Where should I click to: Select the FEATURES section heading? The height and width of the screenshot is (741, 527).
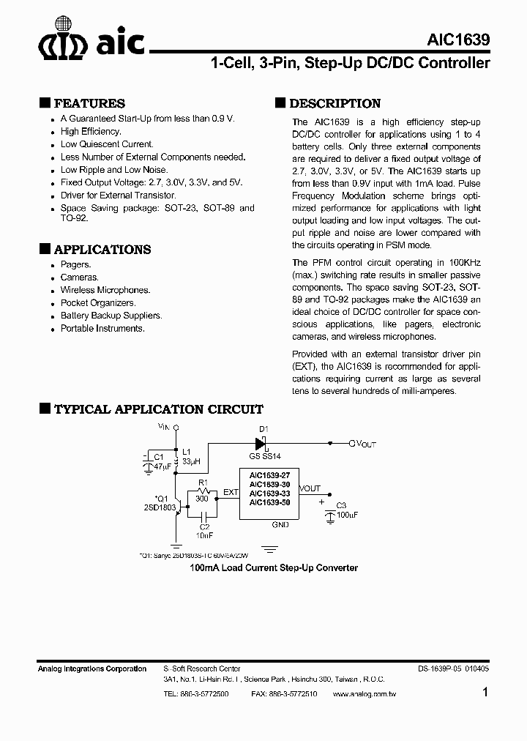(x=89, y=103)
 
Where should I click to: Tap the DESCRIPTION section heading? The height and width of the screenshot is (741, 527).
(x=334, y=103)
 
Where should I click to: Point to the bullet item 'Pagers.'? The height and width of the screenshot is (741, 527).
(x=75, y=264)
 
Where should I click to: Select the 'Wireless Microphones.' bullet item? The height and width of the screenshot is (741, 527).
(x=105, y=290)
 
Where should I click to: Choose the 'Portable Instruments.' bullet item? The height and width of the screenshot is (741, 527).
(x=102, y=329)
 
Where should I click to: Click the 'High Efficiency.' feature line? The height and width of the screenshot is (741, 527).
(x=91, y=131)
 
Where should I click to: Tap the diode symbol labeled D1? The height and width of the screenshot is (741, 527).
(x=260, y=443)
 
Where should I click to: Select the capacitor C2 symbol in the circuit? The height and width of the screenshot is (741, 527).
(x=204, y=518)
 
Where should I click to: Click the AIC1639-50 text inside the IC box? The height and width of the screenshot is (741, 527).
(x=269, y=502)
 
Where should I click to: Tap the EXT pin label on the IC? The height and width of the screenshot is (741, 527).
(x=230, y=493)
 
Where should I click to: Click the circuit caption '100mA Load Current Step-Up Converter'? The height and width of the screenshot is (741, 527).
(x=274, y=567)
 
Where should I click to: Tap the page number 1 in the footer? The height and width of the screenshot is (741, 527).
(x=486, y=692)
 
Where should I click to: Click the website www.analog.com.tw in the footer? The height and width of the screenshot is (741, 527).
(x=364, y=693)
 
